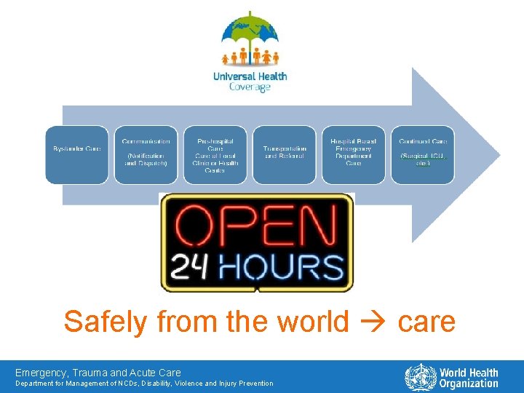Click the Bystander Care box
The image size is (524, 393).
coord(77,154)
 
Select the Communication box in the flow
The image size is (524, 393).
coord(146,154)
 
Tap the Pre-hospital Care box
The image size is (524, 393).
coord(215,154)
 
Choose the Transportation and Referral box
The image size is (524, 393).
coord(284,154)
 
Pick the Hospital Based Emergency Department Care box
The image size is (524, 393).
coord(353,154)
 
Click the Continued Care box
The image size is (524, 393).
coord(423,154)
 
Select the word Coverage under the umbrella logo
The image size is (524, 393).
coord(250,87)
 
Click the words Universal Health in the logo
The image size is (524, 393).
coord(250,76)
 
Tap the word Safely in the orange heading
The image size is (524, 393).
coord(102,321)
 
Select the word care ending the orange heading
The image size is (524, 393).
coord(426,322)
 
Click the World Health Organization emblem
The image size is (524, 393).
coord(420,378)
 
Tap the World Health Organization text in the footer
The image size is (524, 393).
coord(469,378)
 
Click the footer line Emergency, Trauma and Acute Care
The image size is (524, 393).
coord(98,373)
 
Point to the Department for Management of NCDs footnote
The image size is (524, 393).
coord(144,384)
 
